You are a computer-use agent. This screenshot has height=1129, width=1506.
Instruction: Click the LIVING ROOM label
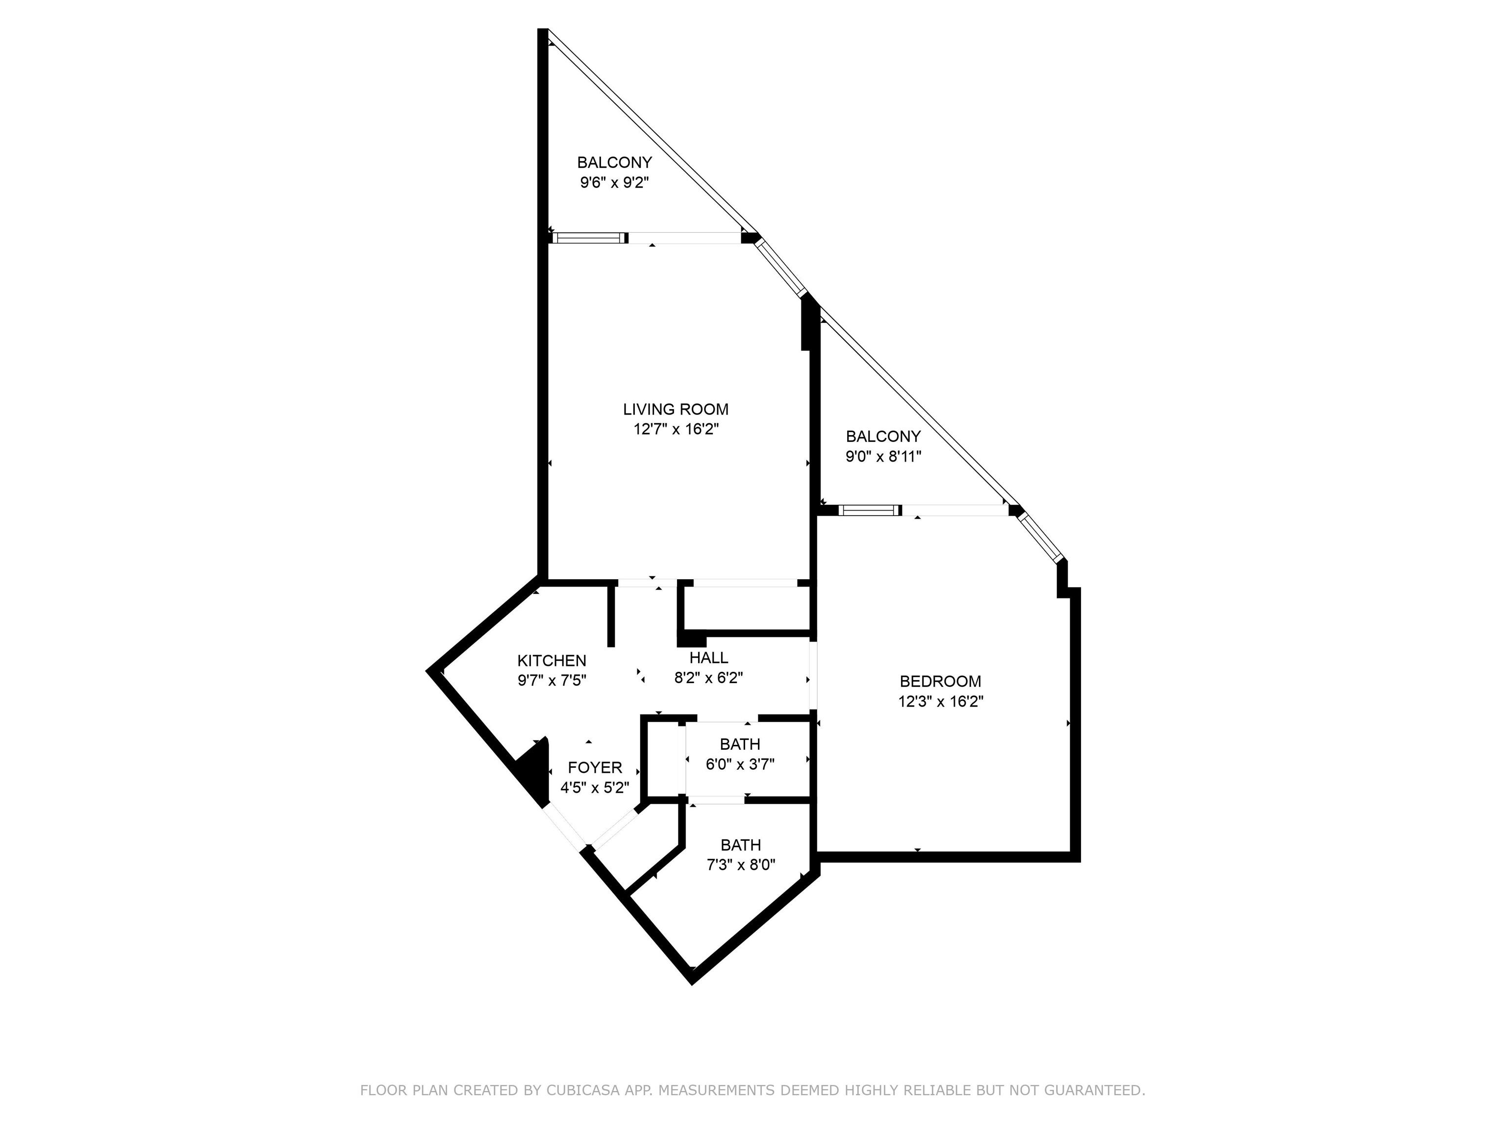676,409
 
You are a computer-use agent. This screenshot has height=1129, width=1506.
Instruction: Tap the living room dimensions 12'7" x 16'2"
676,429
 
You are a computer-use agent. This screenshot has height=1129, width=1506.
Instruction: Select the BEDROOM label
940,681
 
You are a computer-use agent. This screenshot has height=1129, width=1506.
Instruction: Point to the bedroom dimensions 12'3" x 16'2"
941,702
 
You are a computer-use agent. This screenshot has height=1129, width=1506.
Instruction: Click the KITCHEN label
552,660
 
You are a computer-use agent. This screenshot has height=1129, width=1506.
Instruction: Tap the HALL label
709,658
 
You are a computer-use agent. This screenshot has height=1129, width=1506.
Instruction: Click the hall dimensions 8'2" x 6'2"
708,678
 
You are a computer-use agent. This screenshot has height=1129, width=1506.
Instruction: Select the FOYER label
595,768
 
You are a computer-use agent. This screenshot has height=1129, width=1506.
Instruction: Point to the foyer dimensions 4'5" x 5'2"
594,788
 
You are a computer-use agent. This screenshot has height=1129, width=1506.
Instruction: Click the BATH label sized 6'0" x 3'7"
740,744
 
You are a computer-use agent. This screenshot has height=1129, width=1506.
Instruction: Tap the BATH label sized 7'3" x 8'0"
741,845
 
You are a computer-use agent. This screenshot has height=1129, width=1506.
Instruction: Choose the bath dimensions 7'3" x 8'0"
741,865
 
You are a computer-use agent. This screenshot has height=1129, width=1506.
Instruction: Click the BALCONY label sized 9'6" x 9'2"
614,163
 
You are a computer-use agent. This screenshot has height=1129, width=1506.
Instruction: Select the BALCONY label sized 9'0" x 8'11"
883,436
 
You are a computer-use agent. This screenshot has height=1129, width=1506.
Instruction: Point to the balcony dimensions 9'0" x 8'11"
883,457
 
